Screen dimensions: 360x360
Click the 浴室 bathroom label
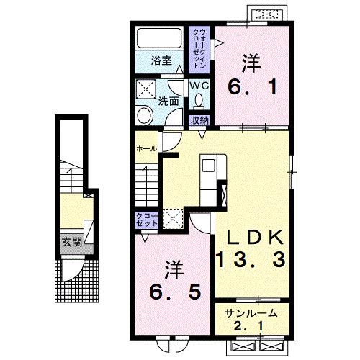161,60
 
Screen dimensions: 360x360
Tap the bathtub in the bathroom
159,38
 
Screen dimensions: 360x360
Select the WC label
199,86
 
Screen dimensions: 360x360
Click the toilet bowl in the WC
199,100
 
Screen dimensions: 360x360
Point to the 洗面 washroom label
168,102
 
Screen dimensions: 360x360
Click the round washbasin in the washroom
144,115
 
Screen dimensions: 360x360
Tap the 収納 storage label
199,120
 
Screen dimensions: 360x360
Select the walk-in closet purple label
199,49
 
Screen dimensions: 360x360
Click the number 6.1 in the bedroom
252,87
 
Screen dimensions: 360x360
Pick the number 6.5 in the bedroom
175,292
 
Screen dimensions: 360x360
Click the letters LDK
255,238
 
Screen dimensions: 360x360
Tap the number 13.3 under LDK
251,259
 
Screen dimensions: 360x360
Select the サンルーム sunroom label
251,313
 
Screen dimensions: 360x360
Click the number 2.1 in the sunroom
250,326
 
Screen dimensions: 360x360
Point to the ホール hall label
146,149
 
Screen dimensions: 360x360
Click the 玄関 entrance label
72,242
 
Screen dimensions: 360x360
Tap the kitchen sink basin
208,166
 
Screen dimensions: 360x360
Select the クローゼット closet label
147,220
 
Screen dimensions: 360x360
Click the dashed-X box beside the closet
174,218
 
